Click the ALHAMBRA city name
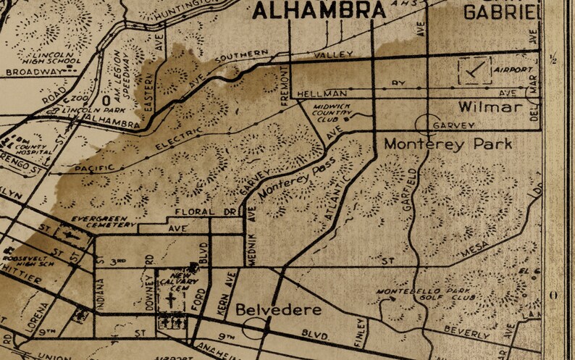pyautogui.click(x=319, y=10)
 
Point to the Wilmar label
pyautogui.click(x=490, y=108)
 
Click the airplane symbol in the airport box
pyautogui.click(x=475, y=70)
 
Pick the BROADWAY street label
pyautogui.click(x=31, y=72)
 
